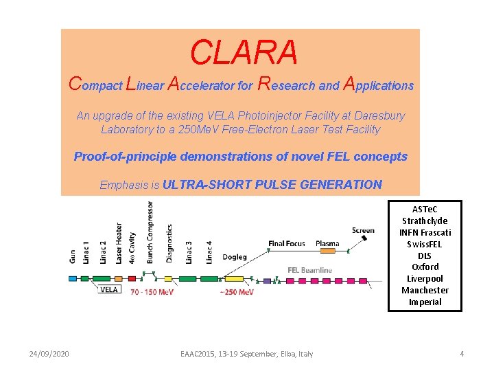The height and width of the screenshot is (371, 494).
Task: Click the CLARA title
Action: [x=244, y=52]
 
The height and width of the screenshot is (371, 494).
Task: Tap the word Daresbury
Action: [x=376, y=115]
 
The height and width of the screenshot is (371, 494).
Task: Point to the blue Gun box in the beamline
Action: [x=73, y=278]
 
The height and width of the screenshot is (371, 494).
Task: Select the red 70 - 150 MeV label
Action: [x=152, y=292]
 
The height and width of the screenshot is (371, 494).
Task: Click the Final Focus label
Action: [x=287, y=243]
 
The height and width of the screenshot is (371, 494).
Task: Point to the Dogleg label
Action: [x=235, y=257]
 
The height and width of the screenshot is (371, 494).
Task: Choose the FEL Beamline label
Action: [x=309, y=269]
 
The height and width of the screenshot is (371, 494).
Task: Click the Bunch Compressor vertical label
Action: [x=150, y=232]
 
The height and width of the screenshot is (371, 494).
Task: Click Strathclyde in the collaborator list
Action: [x=425, y=221]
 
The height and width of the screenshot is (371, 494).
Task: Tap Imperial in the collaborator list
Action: [x=425, y=302]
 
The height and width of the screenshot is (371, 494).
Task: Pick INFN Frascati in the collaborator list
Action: [x=425, y=232]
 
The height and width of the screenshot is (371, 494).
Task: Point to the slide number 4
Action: [x=462, y=354]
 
